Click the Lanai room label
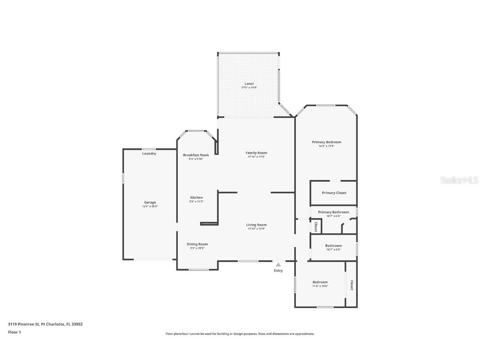(249, 83)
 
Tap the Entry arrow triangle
(278, 265)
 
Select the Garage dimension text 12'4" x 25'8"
(150, 206)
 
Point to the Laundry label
(149, 154)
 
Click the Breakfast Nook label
(196, 155)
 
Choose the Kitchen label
(196, 197)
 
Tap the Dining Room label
(197, 244)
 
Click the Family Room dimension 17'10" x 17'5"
(256, 157)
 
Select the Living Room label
(256, 225)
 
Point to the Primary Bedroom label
(326, 142)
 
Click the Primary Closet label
(334, 193)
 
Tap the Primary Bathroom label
(333, 212)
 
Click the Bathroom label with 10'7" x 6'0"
(333, 245)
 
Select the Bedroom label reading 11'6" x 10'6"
(320, 282)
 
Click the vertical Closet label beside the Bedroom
(352, 285)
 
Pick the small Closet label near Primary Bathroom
(316, 227)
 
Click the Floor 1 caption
(14, 332)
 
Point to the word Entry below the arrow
(278, 271)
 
